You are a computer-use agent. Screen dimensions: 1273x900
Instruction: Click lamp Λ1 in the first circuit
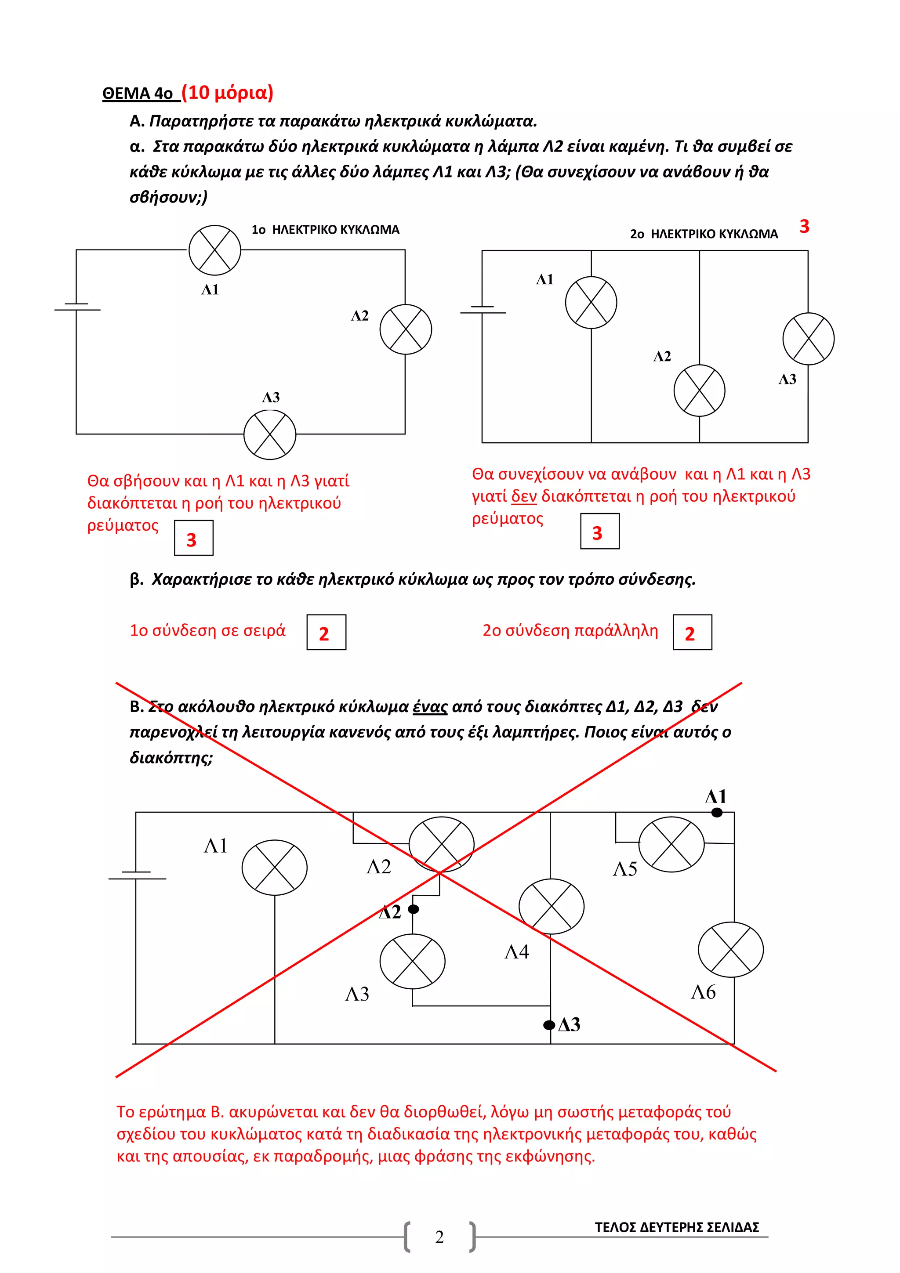point(214,250)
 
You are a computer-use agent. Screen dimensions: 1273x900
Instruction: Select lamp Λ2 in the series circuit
point(405,329)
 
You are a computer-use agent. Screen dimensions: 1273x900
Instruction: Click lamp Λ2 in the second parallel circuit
point(699,391)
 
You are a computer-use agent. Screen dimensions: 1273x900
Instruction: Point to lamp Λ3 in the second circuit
point(808,339)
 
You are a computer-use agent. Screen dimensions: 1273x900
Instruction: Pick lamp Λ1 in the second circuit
point(591,303)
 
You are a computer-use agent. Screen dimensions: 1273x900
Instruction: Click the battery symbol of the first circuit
point(76,307)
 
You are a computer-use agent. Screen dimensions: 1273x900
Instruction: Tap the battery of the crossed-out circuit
point(136,875)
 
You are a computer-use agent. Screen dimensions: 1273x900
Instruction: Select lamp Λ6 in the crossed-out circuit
point(730,950)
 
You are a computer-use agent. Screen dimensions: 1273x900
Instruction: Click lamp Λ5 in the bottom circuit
point(671,844)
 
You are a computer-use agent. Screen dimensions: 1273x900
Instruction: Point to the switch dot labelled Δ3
point(549,1025)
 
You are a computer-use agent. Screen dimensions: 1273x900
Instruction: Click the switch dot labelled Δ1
point(717,813)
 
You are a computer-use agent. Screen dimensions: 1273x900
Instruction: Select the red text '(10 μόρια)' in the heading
point(227,92)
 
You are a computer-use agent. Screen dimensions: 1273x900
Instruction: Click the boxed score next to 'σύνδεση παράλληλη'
point(692,632)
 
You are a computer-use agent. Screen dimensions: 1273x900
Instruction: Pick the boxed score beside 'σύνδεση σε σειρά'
point(326,632)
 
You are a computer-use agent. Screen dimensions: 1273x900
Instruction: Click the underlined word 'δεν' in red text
point(523,496)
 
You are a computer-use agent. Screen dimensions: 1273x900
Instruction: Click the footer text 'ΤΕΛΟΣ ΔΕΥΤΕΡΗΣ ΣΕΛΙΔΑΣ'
point(676,1227)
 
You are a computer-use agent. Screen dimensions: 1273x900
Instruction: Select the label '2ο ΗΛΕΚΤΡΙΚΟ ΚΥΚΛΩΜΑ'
point(703,234)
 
